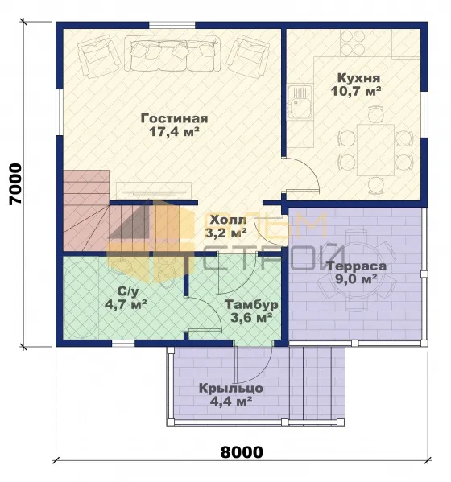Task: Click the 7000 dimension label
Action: (15, 183)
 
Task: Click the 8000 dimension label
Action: (242, 452)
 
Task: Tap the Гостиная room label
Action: (174, 118)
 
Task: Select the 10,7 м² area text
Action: (356, 91)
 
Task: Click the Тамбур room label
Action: (251, 305)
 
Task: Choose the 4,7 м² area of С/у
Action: (126, 305)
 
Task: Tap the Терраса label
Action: (356, 266)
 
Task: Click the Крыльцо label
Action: (230, 389)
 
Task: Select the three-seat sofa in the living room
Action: (172, 53)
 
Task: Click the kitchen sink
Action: (300, 101)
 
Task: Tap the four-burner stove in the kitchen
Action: (353, 43)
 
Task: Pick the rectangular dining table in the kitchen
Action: (375, 150)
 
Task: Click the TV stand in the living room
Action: (154, 191)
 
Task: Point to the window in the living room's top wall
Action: (172, 25)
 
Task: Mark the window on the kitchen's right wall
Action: (424, 114)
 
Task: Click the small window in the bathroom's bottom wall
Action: (123, 344)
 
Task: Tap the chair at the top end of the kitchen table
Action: (375, 114)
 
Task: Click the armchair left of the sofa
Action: (99, 56)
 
